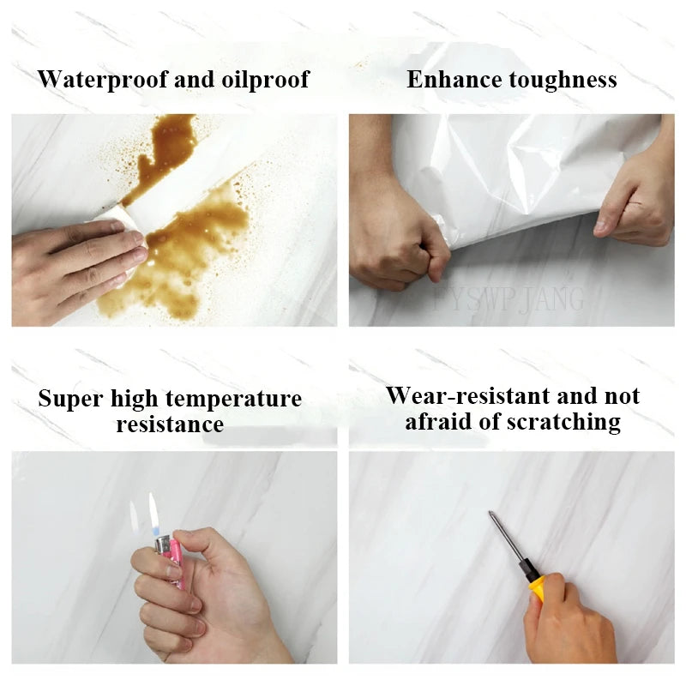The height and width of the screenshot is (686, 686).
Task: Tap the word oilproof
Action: pyautogui.click(x=265, y=80)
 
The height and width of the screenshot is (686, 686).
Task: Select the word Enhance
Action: pyautogui.click(x=454, y=80)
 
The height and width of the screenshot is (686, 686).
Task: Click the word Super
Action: pyautogui.click(x=71, y=399)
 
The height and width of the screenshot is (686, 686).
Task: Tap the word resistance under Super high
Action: pyautogui.click(x=170, y=424)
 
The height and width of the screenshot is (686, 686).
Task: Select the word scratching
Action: pyautogui.click(x=564, y=422)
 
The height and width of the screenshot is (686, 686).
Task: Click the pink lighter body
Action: pyautogui.click(x=173, y=563)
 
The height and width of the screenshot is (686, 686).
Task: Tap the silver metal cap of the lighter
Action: pyautogui.click(x=163, y=545)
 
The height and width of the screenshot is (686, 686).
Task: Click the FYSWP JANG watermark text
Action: pyautogui.click(x=508, y=299)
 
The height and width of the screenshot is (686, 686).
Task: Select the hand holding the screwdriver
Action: pyautogui.click(x=569, y=621)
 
